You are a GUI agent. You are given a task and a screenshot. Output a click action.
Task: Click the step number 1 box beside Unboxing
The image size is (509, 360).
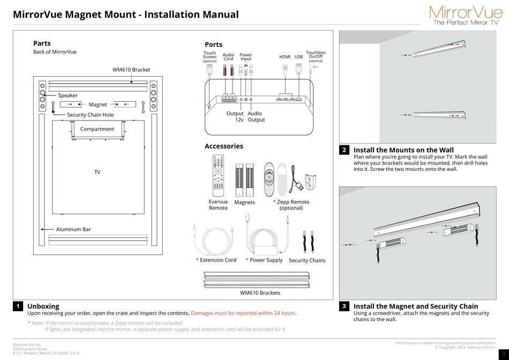[x=18, y=306]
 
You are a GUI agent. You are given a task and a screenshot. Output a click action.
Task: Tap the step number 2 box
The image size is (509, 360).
[x=345, y=150]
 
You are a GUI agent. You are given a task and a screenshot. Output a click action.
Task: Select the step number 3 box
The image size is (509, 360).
[x=345, y=306]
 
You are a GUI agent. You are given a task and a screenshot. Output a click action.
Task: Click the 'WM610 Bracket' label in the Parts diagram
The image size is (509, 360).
[x=131, y=70]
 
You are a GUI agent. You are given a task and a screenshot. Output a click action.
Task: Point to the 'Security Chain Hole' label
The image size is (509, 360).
[x=90, y=115]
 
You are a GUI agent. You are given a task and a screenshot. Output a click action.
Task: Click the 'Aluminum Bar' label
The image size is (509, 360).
[x=73, y=229]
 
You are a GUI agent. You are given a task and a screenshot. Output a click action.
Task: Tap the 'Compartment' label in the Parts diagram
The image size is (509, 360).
[x=97, y=129]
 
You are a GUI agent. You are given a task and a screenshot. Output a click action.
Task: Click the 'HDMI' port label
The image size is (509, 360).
[x=285, y=57]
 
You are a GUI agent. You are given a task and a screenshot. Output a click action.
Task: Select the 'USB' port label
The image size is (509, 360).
[x=298, y=57]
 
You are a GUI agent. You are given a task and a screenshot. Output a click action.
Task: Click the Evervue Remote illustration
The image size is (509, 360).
[x=218, y=176]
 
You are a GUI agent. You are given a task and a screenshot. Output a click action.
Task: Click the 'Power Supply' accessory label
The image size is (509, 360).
[x=266, y=260]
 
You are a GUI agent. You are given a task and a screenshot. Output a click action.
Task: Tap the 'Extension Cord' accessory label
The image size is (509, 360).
[x=218, y=260]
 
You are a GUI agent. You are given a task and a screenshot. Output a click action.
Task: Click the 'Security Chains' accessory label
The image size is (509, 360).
[x=307, y=260]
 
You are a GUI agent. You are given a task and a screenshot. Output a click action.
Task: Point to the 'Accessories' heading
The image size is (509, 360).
[x=223, y=146]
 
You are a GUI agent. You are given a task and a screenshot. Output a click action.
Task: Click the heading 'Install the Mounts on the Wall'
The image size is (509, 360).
[x=403, y=150]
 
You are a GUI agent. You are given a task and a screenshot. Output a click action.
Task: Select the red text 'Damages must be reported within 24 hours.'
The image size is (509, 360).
[x=243, y=313]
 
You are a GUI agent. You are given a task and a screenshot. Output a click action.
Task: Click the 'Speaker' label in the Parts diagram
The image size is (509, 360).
[x=68, y=95]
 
